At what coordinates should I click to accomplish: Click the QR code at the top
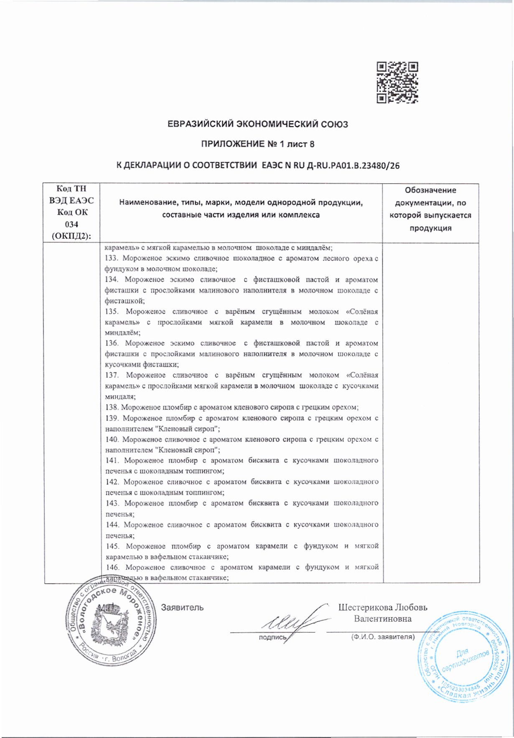pos(397,82)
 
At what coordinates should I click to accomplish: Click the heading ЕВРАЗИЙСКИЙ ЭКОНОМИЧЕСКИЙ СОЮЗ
pos(257,124)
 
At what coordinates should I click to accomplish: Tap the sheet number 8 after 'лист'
pos(311,144)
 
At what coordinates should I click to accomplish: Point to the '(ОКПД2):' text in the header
pos(72,236)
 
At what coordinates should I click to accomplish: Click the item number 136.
pos(112,343)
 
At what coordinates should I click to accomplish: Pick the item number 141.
pos(112,461)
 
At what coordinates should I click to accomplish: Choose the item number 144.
pos(112,525)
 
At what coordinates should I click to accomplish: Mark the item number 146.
pos(112,567)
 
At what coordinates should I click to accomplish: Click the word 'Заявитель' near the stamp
pos(182,607)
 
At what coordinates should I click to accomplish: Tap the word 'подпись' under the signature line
pos(272,637)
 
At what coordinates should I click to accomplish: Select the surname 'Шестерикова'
pos(366,607)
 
